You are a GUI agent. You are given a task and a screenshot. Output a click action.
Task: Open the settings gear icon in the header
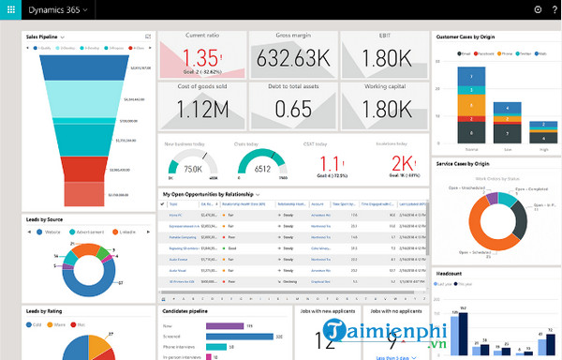[538, 9]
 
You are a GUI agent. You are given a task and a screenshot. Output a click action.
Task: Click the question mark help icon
[555, 9]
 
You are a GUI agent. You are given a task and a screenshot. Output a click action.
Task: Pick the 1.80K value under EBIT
[383, 59]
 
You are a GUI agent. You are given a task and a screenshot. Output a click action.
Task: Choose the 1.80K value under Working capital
[383, 110]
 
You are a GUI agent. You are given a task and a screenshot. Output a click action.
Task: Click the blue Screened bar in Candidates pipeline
[239, 336]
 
